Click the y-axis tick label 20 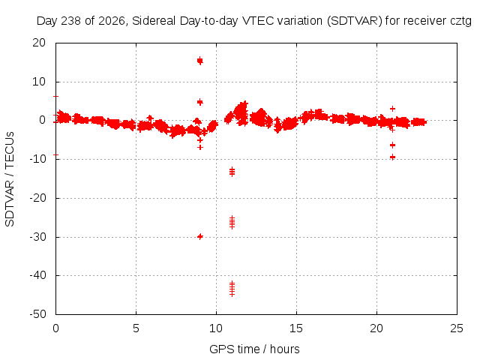[39, 43]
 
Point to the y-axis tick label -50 [37, 314]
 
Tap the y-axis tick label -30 [37, 237]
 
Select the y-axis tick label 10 [39, 82]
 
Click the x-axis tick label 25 [457, 328]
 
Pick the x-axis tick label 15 [296, 328]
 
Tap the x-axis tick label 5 [136, 328]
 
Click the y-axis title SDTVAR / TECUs [10, 179]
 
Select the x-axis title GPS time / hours [254, 349]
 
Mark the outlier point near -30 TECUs [200, 236]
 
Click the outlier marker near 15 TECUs [200, 61]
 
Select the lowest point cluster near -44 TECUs [232, 289]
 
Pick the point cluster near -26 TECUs [232, 222]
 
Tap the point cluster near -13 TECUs [232, 172]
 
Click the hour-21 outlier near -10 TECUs [392, 157]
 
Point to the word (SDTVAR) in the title [355, 21]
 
